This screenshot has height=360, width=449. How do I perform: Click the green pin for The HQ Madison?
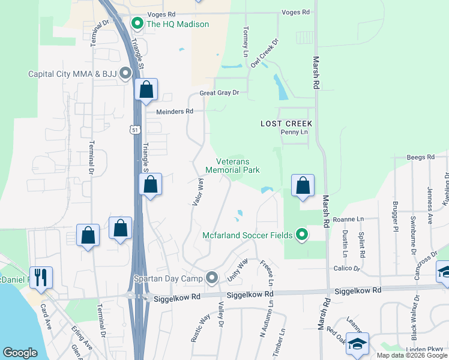(x=137, y=24)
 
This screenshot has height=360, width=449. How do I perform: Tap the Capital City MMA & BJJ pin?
(x=125, y=74)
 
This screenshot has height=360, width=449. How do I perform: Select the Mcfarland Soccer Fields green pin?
(x=303, y=235)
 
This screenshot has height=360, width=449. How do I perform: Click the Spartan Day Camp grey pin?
(x=211, y=277)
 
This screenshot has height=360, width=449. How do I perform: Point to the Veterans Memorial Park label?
(x=232, y=165)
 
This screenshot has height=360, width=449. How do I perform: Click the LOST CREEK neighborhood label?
(x=287, y=123)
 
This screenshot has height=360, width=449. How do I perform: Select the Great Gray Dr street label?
(x=219, y=93)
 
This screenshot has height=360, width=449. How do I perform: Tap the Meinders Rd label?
(x=175, y=111)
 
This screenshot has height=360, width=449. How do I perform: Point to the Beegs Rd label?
(x=420, y=157)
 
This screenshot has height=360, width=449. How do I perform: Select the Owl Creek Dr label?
(x=265, y=54)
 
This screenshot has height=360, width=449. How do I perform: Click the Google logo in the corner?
(x=20, y=353)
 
